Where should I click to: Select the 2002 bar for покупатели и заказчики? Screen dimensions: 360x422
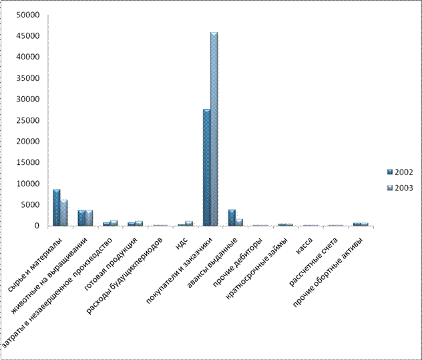pos(207,168)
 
